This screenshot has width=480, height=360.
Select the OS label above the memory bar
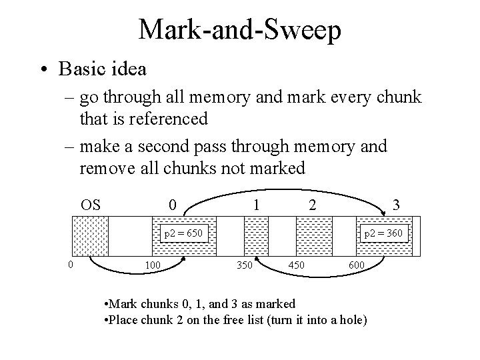click(91, 204)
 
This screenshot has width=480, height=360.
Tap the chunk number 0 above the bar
click(173, 204)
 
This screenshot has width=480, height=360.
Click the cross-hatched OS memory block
click(89, 237)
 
